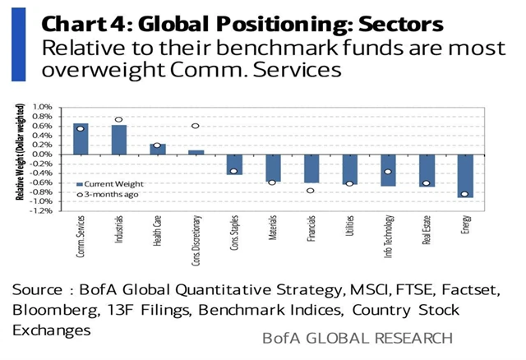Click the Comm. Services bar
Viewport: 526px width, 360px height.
pyautogui.click(x=81, y=139)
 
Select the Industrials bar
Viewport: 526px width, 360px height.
pyautogui.click(x=119, y=140)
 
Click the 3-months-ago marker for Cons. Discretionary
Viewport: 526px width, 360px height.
pyautogui.click(x=196, y=126)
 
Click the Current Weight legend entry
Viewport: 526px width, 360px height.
pyautogui.click(x=102, y=184)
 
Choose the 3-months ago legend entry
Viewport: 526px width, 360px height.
pyautogui.click(x=102, y=195)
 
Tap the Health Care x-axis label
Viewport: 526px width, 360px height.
pyautogui.click(x=159, y=238)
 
